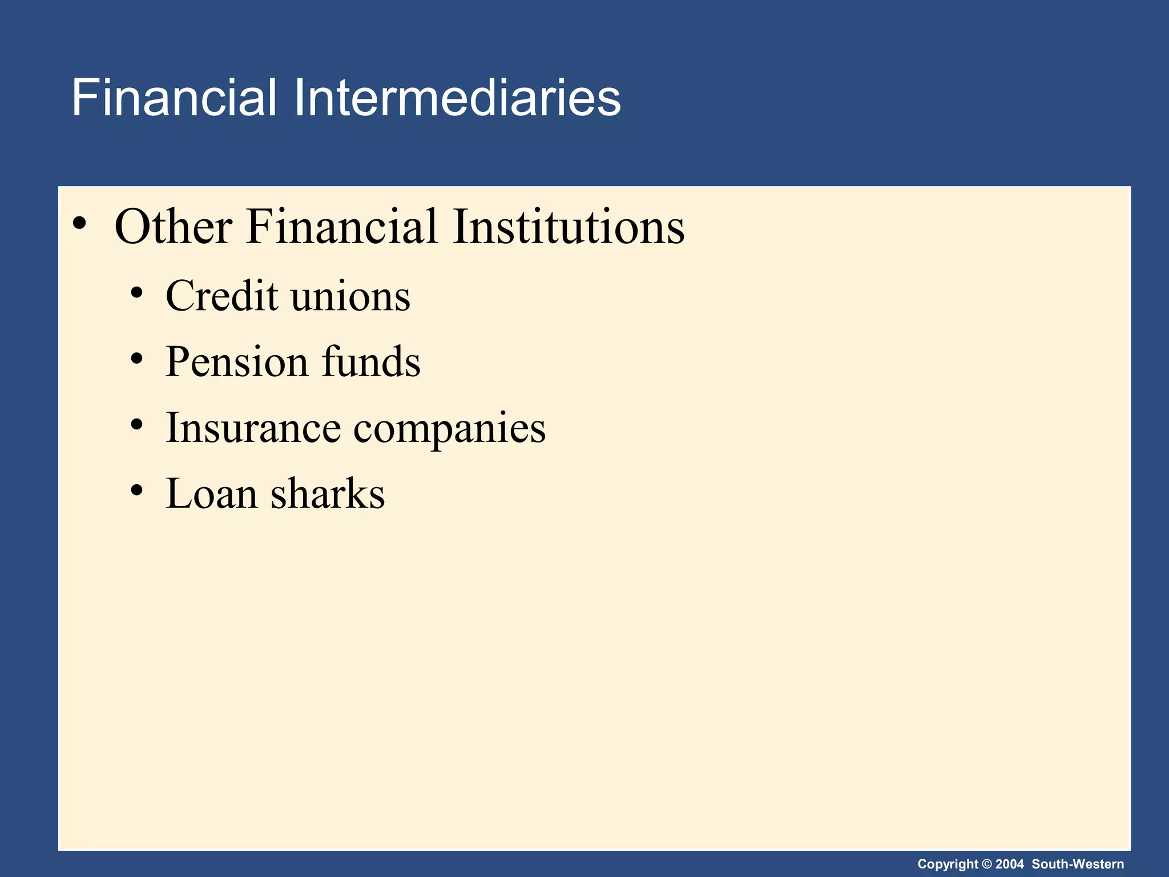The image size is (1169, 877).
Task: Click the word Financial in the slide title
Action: [x=174, y=98]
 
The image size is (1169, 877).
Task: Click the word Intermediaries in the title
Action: [x=457, y=98]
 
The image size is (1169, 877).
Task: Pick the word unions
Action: [x=350, y=296]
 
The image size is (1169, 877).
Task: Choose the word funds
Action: [x=371, y=362]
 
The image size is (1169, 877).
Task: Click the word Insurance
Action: [x=253, y=428]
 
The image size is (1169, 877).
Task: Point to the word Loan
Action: [x=211, y=494]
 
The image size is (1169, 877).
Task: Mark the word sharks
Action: [x=328, y=494]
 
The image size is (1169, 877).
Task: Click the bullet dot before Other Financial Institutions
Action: [x=80, y=224]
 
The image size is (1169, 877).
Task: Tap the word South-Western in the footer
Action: [x=1078, y=864]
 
